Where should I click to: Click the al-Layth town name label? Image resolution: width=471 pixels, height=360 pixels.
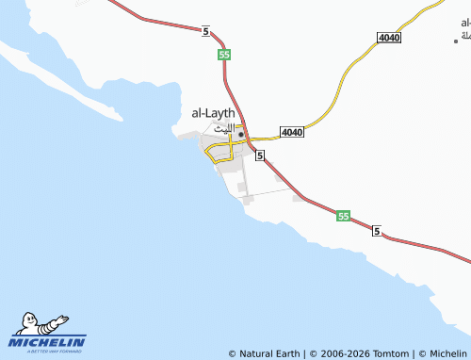point(213,113)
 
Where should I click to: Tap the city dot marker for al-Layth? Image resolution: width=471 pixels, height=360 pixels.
point(241,135)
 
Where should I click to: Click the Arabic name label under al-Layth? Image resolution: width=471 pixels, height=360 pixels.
point(219,129)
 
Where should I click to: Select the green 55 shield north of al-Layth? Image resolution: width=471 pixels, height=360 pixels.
point(224,55)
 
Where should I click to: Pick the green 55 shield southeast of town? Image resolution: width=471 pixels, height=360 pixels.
point(343,217)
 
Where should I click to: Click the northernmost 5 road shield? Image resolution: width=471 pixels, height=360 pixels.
point(204,32)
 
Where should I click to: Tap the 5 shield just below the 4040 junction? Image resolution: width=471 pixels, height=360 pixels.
point(259,155)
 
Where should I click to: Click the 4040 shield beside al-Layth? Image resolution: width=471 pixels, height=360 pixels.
point(292,133)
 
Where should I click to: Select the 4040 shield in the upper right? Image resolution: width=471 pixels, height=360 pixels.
point(388,37)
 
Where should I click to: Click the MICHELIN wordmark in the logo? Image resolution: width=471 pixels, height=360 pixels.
point(48,341)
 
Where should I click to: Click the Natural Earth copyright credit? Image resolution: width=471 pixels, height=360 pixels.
point(264,353)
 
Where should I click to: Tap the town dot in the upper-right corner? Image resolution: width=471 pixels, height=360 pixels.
point(455,41)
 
